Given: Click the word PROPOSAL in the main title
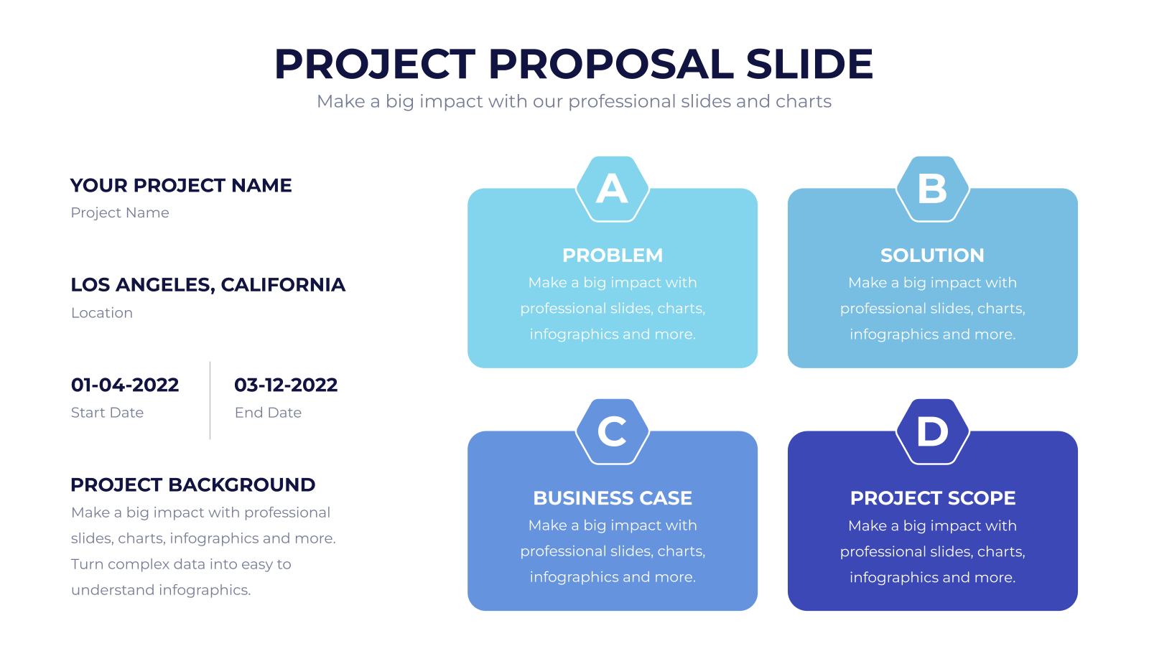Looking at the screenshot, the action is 611,64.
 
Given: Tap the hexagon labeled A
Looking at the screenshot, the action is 613,189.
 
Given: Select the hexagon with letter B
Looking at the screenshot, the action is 933,189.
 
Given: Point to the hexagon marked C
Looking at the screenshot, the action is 613,431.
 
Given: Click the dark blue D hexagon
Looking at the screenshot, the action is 933,431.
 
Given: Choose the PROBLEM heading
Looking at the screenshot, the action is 613,256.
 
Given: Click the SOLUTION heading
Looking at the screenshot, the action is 933,256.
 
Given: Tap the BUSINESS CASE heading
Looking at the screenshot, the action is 613,498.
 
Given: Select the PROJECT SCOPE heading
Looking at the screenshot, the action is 933,498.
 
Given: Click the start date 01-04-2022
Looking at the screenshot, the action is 125,385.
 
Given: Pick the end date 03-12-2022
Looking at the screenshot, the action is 286,385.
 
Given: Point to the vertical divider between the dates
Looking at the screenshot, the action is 210,401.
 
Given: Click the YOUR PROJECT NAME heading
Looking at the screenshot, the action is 181,186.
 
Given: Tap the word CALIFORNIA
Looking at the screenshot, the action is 283,285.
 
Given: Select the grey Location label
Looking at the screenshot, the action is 101,313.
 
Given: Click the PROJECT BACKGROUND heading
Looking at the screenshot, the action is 193,485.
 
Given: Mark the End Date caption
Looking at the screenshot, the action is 268,413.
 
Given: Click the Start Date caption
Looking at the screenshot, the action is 107,413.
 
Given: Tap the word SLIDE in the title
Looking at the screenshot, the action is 809,64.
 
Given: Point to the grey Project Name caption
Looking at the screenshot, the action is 119,212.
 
